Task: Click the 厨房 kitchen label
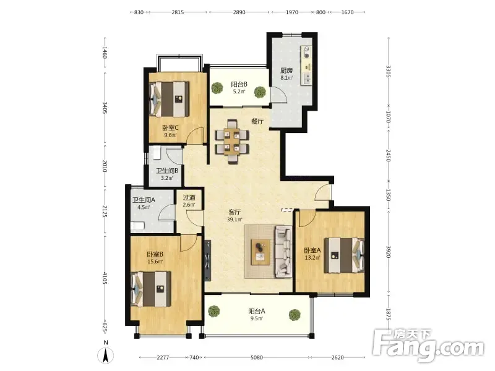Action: pyautogui.click(x=286, y=70)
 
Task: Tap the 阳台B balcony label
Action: pyautogui.click(x=239, y=84)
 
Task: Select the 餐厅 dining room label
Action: pyautogui.click(x=257, y=121)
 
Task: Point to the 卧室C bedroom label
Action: pyautogui.click(x=171, y=128)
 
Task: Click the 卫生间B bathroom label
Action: pyautogui.click(x=167, y=171)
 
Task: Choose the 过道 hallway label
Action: pyautogui.click(x=189, y=197)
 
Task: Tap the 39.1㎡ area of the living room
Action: pyautogui.click(x=235, y=220)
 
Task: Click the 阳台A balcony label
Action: pyautogui.click(x=257, y=311)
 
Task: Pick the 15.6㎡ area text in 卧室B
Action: pyautogui.click(x=155, y=262)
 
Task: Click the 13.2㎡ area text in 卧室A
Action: pyautogui.click(x=312, y=258)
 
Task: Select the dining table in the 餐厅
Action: pyautogui.click(x=232, y=142)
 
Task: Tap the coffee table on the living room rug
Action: pyautogui.click(x=260, y=252)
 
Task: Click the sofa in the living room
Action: pyautogui.click(x=283, y=252)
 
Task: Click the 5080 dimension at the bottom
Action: pyautogui.click(x=257, y=357)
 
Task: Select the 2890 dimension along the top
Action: pyautogui.click(x=239, y=12)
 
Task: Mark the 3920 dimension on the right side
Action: pyautogui.click(x=389, y=252)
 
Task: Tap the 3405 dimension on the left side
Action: pyautogui.click(x=105, y=108)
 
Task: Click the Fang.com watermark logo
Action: pyautogui.click(x=428, y=346)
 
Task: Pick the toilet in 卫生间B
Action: pyautogui.click(x=157, y=153)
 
